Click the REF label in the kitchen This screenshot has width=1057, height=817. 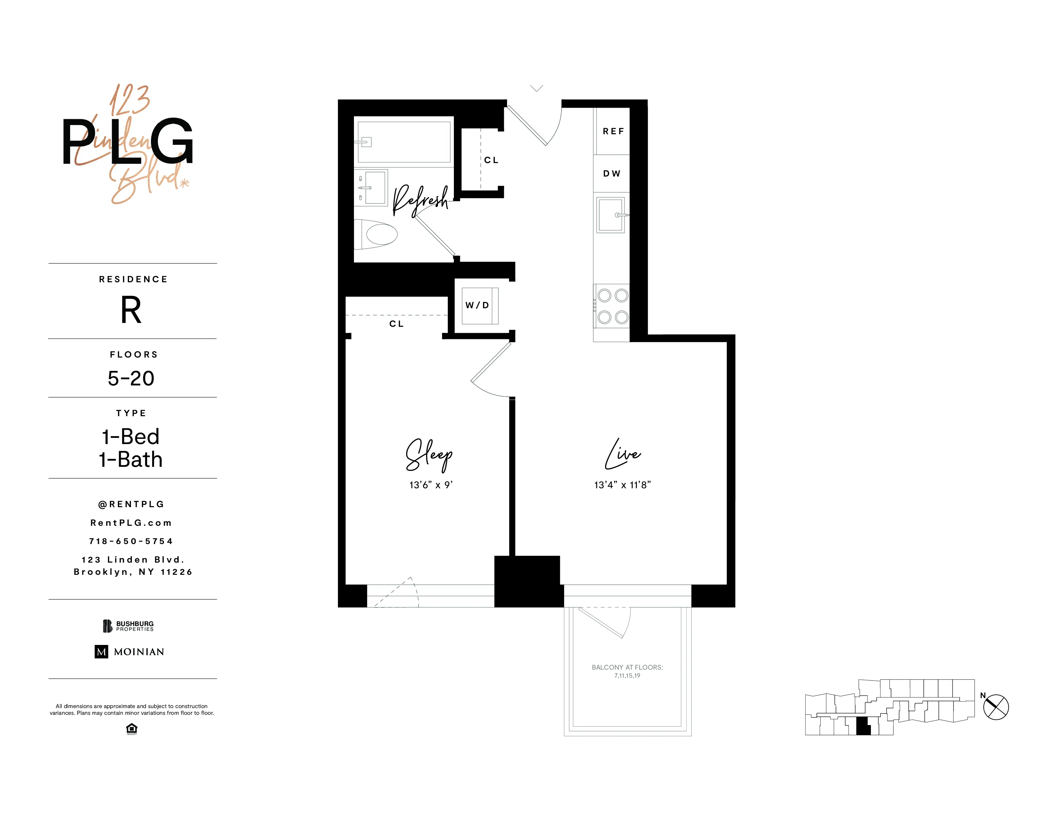[x=613, y=131]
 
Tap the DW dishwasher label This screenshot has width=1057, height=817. [x=612, y=173]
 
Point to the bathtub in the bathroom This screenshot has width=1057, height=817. [x=404, y=142]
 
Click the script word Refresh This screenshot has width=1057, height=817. [x=420, y=200]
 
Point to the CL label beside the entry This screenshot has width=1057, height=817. [x=491, y=160]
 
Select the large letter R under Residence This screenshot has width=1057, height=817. [x=131, y=310]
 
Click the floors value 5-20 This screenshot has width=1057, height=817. [x=131, y=378]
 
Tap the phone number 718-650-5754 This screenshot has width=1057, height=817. [x=131, y=541]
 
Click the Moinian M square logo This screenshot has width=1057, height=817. [x=101, y=651]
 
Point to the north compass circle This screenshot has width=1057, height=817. [x=996, y=707]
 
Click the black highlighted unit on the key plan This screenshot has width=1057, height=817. [x=863, y=727]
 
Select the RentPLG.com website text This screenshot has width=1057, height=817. [x=131, y=523]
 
